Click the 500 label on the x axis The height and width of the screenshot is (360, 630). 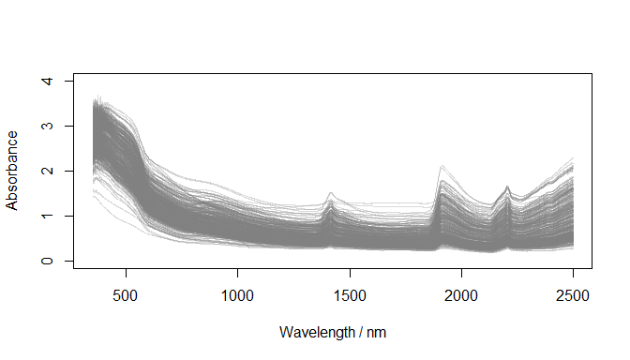click(125, 297)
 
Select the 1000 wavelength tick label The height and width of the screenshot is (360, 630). click(237, 297)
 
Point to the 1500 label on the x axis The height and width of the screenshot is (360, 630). click(350, 297)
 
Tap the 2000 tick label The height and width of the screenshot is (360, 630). click(461, 297)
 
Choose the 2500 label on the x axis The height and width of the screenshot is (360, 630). click(573, 297)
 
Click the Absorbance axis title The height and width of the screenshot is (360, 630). click(13, 171)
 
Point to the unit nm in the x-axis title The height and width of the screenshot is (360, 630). click(375, 333)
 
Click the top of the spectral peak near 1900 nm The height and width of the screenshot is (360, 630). click(441, 166)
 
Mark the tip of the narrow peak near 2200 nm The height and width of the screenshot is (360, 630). click(507, 187)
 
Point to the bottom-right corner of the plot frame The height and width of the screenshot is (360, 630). click(592, 269)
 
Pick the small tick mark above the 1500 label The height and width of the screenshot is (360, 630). click(350, 273)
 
